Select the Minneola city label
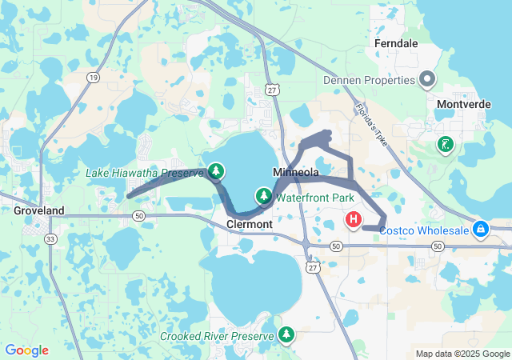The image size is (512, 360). [296, 172]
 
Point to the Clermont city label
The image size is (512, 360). [250, 224]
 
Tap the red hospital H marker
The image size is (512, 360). [353, 218]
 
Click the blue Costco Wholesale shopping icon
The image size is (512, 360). [481, 230]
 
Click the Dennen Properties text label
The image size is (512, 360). [369, 80]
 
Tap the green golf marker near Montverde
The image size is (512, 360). [445, 145]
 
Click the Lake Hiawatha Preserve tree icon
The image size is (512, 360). [216, 171]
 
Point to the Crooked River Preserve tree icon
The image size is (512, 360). [286, 334]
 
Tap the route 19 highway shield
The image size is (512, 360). [94, 77]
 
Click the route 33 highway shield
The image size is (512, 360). [51, 238]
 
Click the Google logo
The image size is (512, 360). [27, 350]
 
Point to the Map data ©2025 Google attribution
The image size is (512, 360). [462, 354]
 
